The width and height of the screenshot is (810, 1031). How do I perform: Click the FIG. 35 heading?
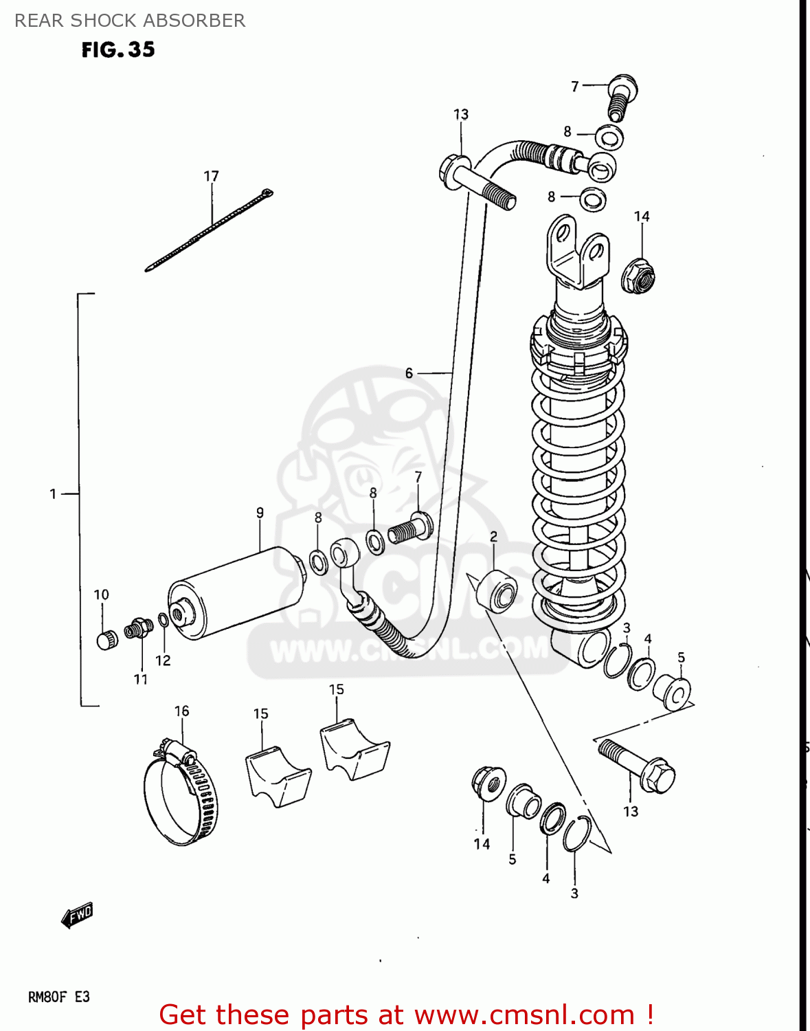tap(118, 49)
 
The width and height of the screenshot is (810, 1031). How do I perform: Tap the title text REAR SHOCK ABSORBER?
tap(130, 21)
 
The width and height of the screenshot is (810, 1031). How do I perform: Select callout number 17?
tap(211, 177)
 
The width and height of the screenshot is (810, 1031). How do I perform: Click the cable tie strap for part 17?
tap(210, 230)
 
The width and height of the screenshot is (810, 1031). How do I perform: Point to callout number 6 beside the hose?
tap(409, 373)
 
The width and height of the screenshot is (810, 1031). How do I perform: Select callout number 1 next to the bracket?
tap(53, 494)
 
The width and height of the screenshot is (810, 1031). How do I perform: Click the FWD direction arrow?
tap(77, 916)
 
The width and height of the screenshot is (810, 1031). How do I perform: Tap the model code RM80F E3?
tap(58, 997)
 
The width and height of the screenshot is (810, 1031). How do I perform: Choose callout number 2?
tap(493, 536)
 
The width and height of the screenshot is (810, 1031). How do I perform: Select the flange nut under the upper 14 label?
tap(638, 276)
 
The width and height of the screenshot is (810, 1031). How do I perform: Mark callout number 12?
tap(163, 660)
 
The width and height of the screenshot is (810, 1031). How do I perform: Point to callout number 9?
tap(260, 512)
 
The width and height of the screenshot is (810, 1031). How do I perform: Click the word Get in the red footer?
tap(181, 1015)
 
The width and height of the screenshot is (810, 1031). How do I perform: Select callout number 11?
tap(141, 679)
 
